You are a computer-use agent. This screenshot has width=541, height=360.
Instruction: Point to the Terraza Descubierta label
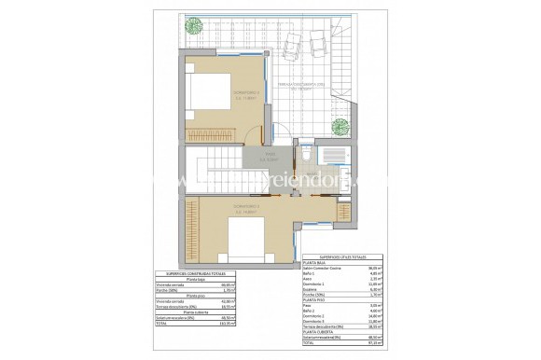pos(303,85)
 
